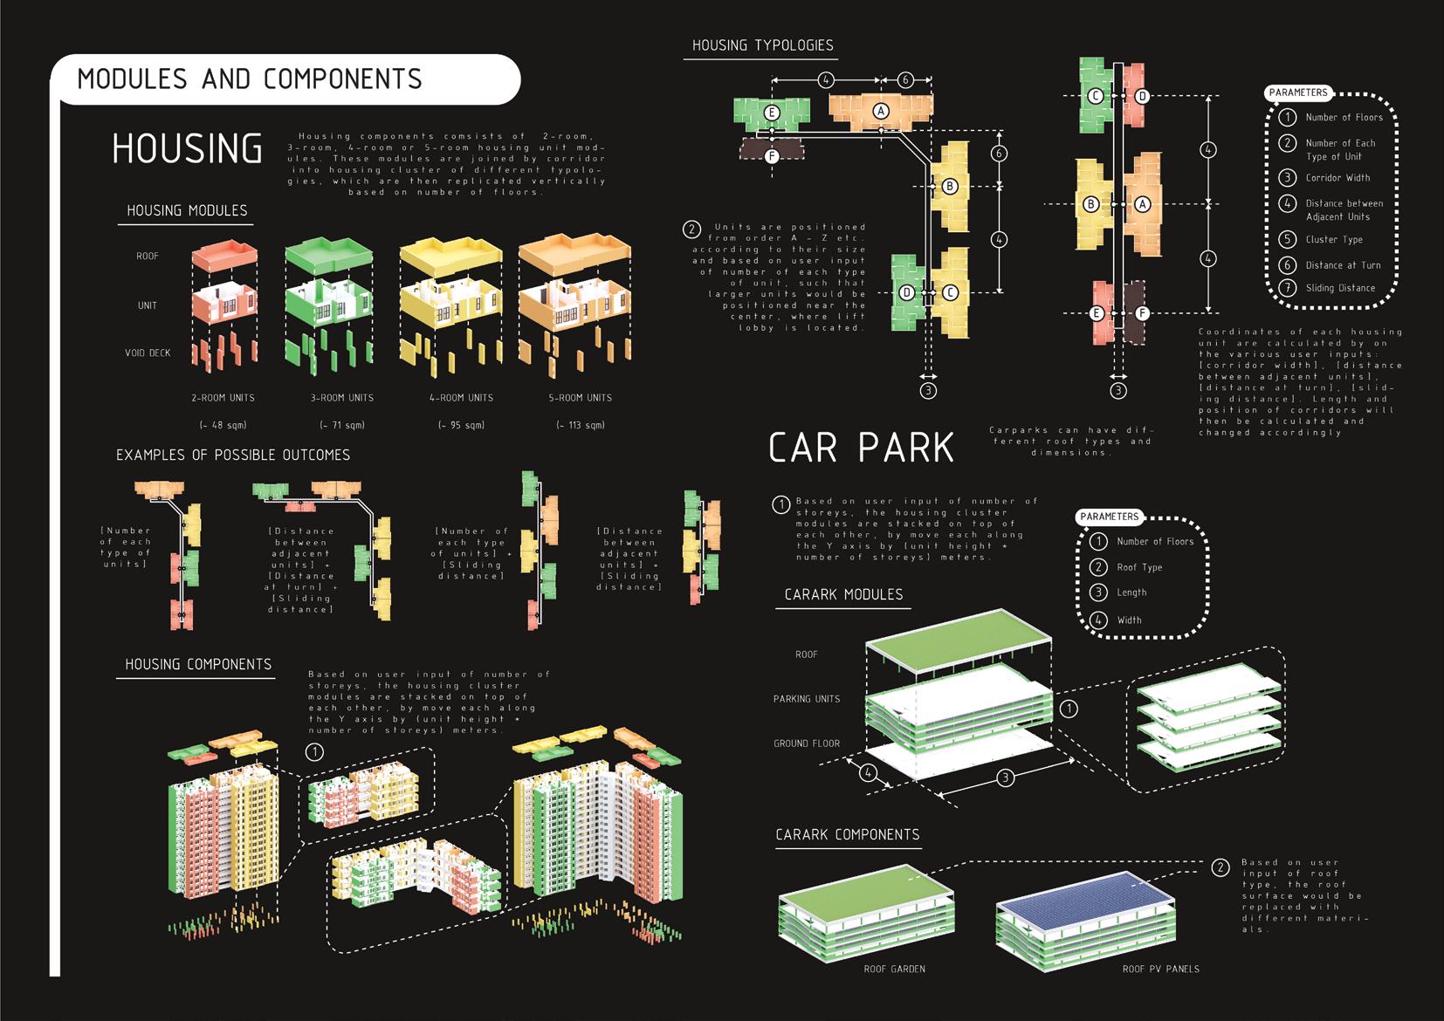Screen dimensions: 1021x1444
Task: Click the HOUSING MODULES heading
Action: [x=187, y=210]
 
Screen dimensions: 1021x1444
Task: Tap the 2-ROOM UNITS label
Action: [x=223, y=398]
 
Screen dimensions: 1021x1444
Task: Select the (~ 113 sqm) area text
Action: [x=581, y=425]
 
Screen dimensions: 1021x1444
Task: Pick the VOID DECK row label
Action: [x=148, y=353]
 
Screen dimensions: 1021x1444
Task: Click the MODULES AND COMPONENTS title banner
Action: [x=250, y=79]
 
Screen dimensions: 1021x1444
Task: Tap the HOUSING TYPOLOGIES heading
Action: [x=762, y=45]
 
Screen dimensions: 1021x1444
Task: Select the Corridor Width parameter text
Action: [x=1337, y=178]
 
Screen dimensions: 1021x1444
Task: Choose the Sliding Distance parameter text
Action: [x=1340, y=288]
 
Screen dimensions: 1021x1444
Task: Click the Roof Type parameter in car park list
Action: [x=1139, y=567]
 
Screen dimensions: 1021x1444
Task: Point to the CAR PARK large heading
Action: [x=861, y=448]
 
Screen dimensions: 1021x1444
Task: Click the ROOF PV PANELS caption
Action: [x=1160, y=969]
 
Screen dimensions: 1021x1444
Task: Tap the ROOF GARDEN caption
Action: [x=894, y=969]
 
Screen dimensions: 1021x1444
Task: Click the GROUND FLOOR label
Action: [x=806, y=743]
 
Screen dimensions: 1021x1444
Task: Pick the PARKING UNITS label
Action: [x=806, y=699]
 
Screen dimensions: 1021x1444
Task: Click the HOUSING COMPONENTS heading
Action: [x=198, y=664]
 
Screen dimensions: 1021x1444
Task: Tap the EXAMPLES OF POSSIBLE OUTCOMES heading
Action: [x=233, y=455]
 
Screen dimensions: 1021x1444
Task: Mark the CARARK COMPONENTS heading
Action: [x=847, y=834]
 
